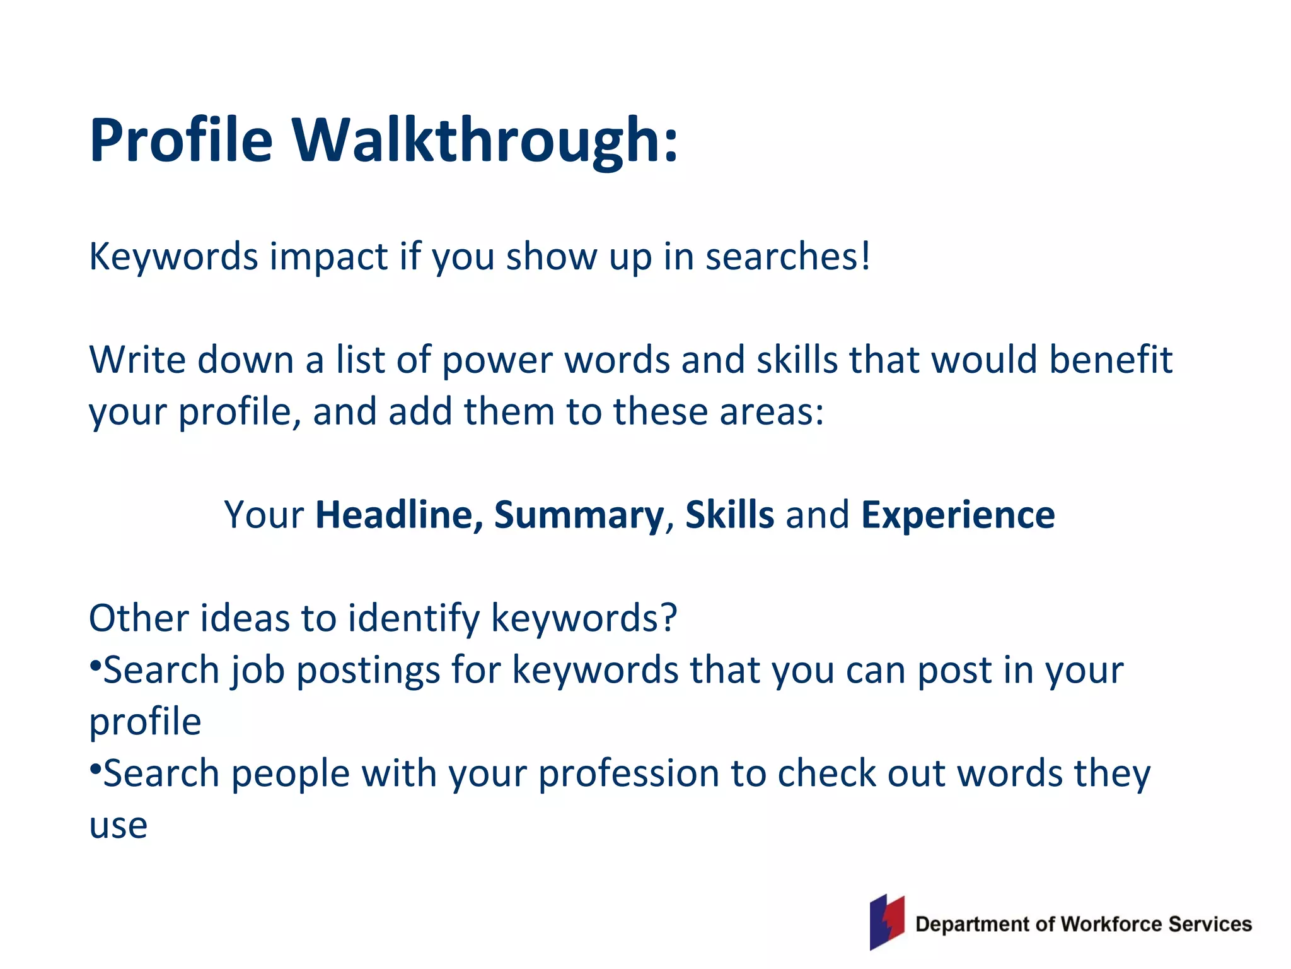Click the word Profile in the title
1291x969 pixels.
point(181,140)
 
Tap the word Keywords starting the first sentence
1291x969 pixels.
point(173,257)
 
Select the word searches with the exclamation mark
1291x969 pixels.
point(787,257)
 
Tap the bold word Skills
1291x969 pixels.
point(729,515)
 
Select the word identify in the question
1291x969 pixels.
point(414,618)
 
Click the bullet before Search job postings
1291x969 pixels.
point(95,665)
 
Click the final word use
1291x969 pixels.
point(118,826)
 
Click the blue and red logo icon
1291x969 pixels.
point(887,922)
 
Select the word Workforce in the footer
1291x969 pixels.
point(1111,924)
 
